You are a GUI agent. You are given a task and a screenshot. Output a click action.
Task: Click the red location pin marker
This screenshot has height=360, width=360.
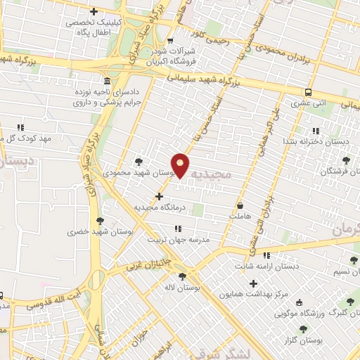click(181, 165)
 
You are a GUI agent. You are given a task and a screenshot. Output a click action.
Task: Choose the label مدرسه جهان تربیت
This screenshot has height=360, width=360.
click(179, 240)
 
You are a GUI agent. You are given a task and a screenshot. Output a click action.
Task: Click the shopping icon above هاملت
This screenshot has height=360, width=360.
click(240, 207)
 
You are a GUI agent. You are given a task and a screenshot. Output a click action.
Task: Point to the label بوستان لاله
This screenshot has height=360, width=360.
click(185, 288)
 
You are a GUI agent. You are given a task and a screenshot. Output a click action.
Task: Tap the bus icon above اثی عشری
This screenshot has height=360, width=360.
click(309, 92)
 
